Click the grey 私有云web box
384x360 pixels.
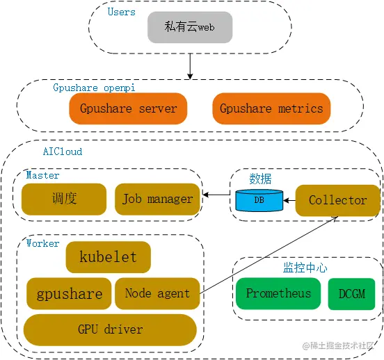click(x=189, y=27)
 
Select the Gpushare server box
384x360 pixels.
click(x=128, y=108)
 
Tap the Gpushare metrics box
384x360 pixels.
click(x=271, y=108)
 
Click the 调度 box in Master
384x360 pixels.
click(x=64, y=199)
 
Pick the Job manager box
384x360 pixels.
click(x=157, y=199)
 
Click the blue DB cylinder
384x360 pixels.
click(x=259, y=200)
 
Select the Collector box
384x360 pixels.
click(x=337, y=200)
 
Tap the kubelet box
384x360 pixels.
click(x=108, y=257)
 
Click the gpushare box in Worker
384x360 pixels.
click(x=69, y=293)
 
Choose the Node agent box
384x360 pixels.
click(x=157, y=293)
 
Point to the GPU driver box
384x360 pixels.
click(x=110, y=329)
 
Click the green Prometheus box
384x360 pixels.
click(x=278, y=293)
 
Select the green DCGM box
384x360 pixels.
click(x=351, y=293)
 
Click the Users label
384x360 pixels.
click(x=122, y=11)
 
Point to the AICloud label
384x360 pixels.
click(x=63, y=150)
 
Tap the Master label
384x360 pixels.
click(x=42, y=175)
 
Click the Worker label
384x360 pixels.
click(x=42, y=243)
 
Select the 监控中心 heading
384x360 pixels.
click(x=305, y=268)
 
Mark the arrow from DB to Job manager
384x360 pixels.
click(x=216, y=195)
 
